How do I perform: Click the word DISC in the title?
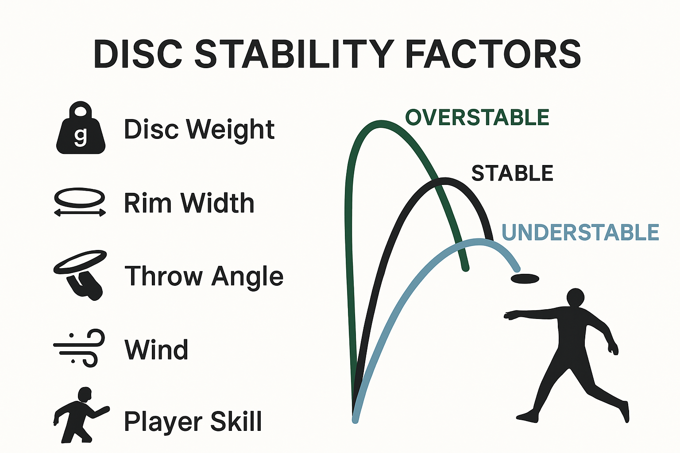click(x=138, y=54)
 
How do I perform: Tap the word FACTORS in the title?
click(x=493, y=54)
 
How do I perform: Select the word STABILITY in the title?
click(x=294, y=54)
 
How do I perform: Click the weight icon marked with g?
click(x=81, y=128)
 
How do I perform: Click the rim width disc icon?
click(x=80, y=202)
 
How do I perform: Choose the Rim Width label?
click(x=189, y=203)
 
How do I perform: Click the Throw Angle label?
click(x=204, y=276)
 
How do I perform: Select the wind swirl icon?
click(x=79, y=348)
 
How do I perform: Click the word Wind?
click(x=156, y=349)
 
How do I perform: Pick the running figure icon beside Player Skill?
click(x=81, y=415)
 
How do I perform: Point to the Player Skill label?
click(x=193, y=421)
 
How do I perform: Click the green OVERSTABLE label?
click(x=477, y=117)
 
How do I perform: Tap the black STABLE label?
click(x=512, y=173)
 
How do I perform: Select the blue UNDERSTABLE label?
click(x=580, y=232)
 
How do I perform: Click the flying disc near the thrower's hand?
click(x=525, y=279)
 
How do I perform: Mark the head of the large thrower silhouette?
click(x=575, y=297)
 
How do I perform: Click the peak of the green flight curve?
click(x=381, y=124)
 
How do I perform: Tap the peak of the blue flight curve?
click(x=479, y=242)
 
